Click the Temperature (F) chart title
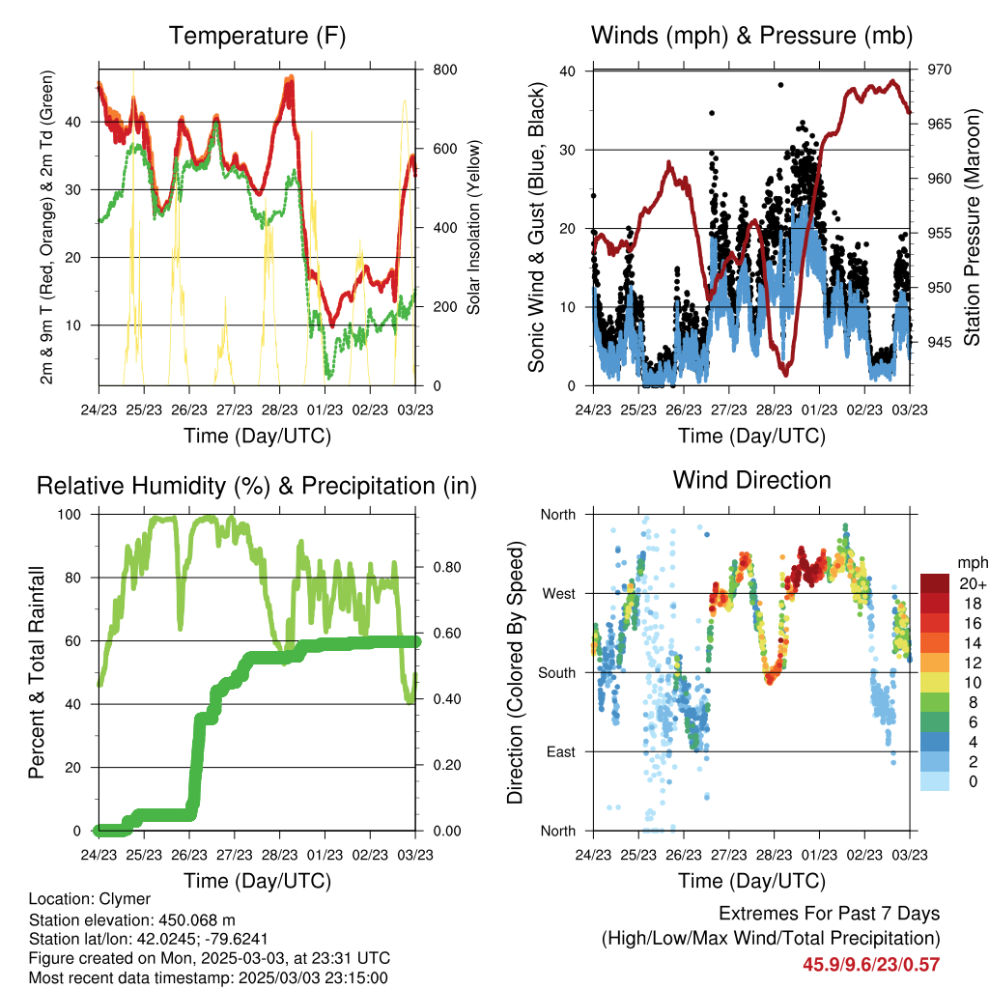click(257, 36)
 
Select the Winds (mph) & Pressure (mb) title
click(751, 36)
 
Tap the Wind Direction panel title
click(751, 480)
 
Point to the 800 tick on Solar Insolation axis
click(444, 70)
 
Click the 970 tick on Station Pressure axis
click(939, 70)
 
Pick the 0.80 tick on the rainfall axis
click(447, 567)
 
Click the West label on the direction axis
click(559, 594)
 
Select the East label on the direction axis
click(561, 751)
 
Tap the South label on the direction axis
click(557, 673)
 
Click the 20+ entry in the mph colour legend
click(973, 583)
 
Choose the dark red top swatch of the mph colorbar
click(935, 583)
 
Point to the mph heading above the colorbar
click(973, 563)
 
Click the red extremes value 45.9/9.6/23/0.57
click(871, 965)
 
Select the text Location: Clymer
click(90, 899)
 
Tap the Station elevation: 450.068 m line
click(131, 920)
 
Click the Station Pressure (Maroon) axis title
click(972, 227)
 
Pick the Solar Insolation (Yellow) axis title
click(473, 227)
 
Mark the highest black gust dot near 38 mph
click(780, 85)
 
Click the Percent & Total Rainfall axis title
click(37, 672)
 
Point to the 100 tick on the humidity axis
click(70, 515)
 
